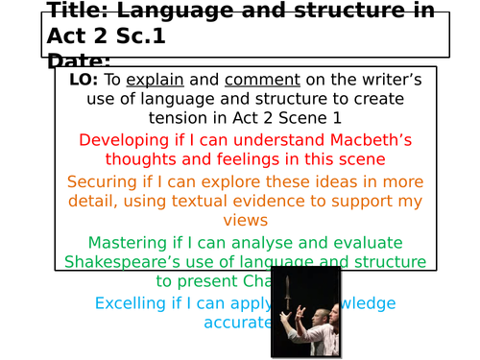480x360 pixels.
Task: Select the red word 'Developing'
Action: coord(123,140)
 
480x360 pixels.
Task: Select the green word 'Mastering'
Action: coord(127,243)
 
